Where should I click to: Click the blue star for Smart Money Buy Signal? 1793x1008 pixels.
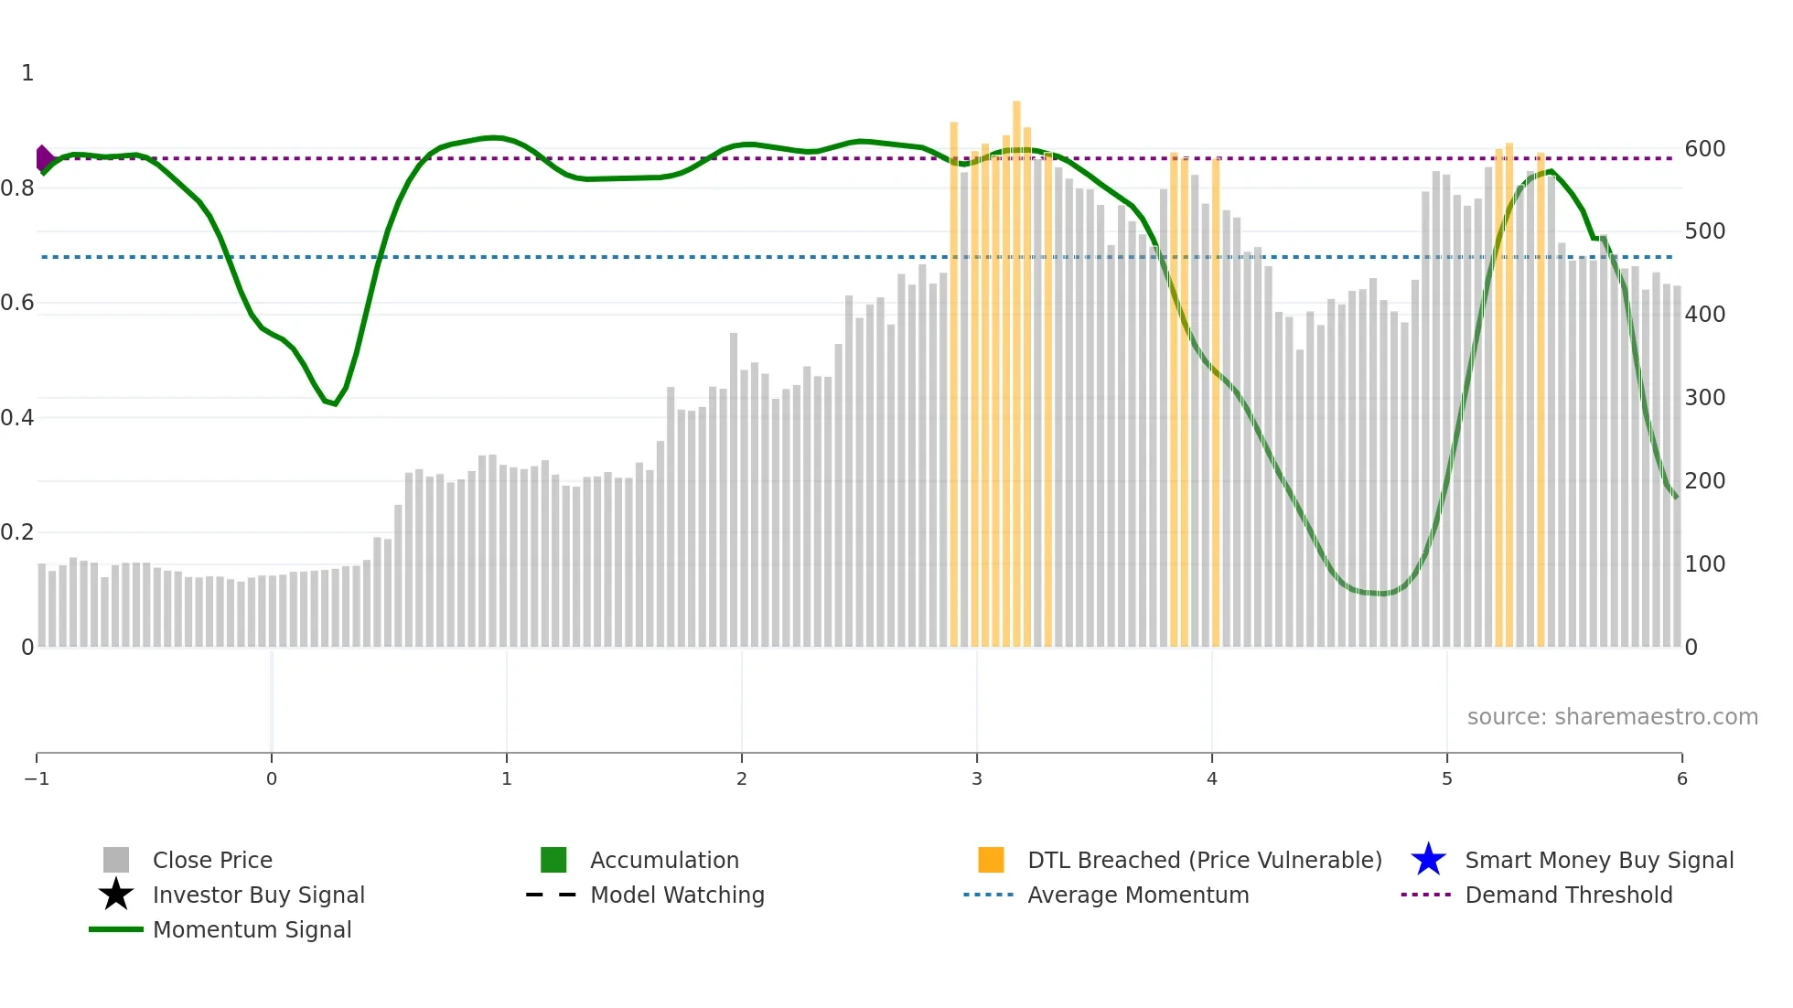[x=1428, y=860]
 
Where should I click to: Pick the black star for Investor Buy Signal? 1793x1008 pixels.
[x=116, y=895]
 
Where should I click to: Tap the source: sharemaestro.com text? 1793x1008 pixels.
[x=1612, y=716]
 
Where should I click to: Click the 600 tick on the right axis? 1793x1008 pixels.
[x=1704, y=148]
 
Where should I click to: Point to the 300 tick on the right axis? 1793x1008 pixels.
[x=1704, y=397]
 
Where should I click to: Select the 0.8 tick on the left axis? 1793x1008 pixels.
[x=17, y=188]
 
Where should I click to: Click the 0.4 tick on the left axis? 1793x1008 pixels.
[x=17, y=418]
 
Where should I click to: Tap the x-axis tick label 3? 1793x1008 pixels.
[x=977, y=778]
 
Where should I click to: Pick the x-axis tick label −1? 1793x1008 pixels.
[x=37, y=778]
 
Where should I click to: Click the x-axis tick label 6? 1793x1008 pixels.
[x=1681, y=778]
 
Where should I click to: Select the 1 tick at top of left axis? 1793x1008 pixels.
[x=27, y=73]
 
